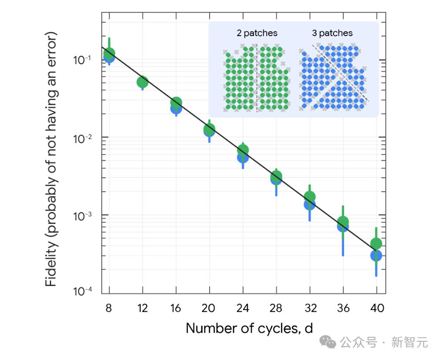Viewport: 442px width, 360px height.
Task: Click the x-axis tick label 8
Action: [x=109, y=308]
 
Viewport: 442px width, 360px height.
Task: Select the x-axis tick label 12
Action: [x=142, y=308]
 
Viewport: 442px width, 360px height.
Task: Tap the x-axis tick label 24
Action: [x=243, y=308]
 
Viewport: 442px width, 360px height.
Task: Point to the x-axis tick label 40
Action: [x=377, y=308]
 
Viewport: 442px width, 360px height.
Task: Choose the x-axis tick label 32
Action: [x=310, y=308]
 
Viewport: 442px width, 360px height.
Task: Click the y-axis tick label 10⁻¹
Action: [x=82, y=59]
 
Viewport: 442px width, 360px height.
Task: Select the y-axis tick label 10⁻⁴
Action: [x=82, y=291]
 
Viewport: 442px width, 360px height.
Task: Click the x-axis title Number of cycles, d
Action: [x=249, y=328]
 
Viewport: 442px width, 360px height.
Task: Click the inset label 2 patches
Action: [x=257, y=33]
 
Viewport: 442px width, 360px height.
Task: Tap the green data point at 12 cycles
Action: [x=142, y=82]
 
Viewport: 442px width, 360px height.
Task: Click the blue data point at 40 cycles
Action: [x=376, y=256]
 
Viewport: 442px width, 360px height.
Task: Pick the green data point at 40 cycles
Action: [x=376, y=243]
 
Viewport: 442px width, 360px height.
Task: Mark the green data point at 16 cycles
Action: [x=176, y=103]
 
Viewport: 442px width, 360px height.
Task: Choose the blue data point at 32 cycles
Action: [x=309, y=205]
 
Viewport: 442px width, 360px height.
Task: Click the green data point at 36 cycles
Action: [x=343, y=221]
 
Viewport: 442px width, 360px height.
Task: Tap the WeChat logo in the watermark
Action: [x=330, y=342]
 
